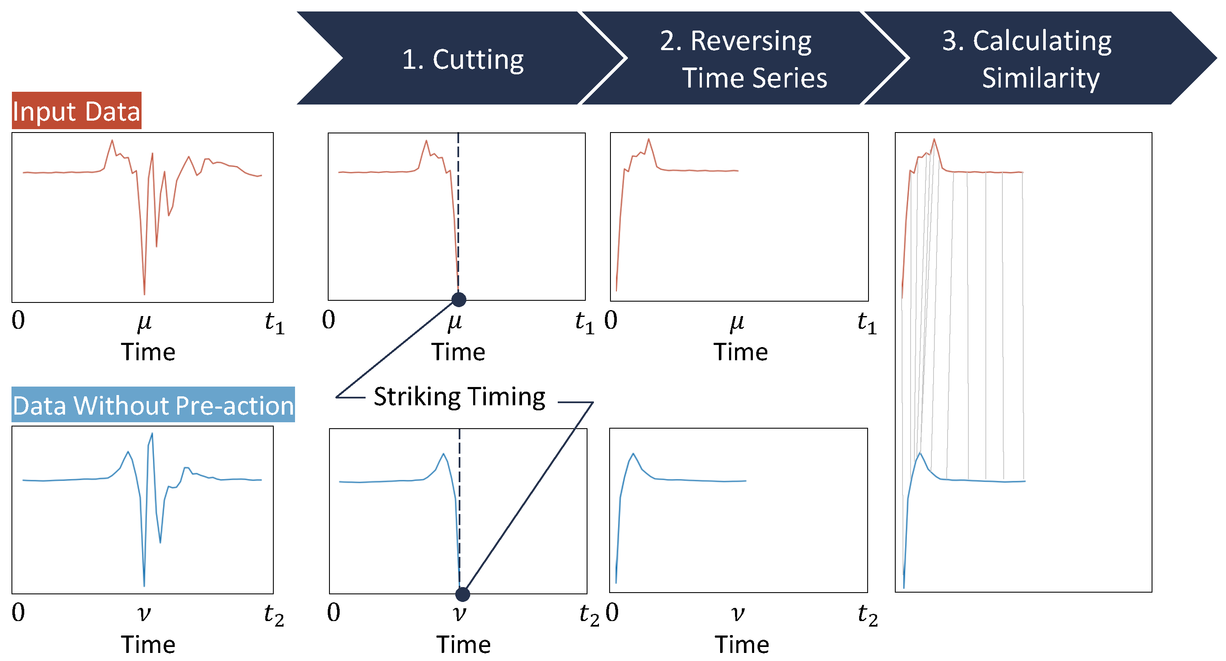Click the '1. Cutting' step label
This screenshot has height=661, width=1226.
point(463,60)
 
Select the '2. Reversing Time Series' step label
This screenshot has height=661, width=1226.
point(743,59)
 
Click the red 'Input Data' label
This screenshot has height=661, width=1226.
point(76,111)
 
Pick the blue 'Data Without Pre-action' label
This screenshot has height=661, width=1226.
point(153,406)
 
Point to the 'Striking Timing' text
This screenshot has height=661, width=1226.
point(459,397)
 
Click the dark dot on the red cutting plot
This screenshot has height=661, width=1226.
point(459,299)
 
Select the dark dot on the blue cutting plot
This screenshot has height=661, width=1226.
point(462,594)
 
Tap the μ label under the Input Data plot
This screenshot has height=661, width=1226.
point(144,323)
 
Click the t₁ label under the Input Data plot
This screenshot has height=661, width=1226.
point(275,323)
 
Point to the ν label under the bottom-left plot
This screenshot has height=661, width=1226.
point(144,614)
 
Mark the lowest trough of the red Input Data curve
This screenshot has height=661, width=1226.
point(144,294)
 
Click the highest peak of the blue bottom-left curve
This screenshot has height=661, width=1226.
point(152,433)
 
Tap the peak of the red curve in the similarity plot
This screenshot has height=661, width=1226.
point(934,139)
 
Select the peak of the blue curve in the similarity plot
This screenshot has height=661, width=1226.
point(920,453)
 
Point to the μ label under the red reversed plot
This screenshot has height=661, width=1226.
point(737,323)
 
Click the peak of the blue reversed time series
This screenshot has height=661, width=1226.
point(633,454)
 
